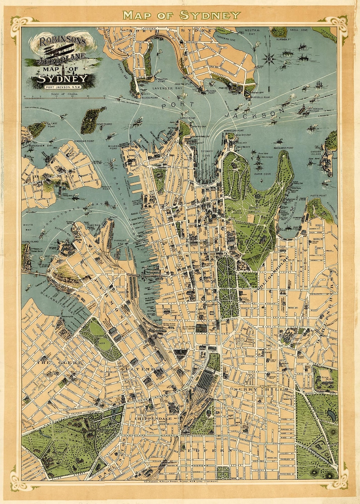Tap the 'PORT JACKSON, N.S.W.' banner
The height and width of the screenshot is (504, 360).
pos(63,87)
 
